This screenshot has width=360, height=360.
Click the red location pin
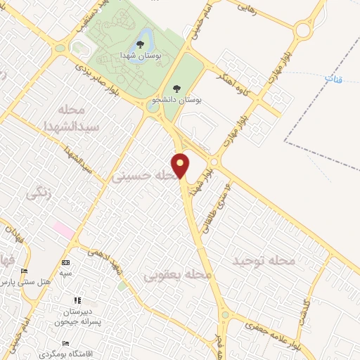tap(181, 165)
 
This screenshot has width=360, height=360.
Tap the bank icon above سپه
tap(66, 262)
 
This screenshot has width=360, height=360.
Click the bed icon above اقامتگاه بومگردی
tap(66, 343)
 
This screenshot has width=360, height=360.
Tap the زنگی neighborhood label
tap(39, 193)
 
